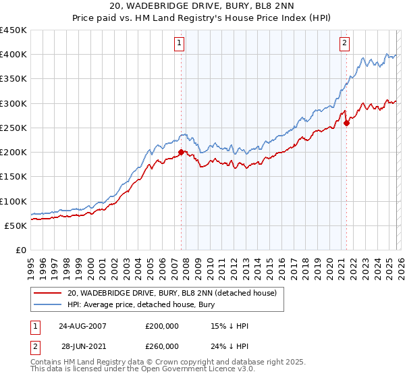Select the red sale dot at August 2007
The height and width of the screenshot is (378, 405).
pos(181,153)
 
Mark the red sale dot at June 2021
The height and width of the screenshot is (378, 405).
pos(346,123)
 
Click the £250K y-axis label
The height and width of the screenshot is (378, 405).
pos(13,128)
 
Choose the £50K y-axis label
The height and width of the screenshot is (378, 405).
pos(16,225)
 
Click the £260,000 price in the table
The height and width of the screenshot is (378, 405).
pos(163,346)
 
